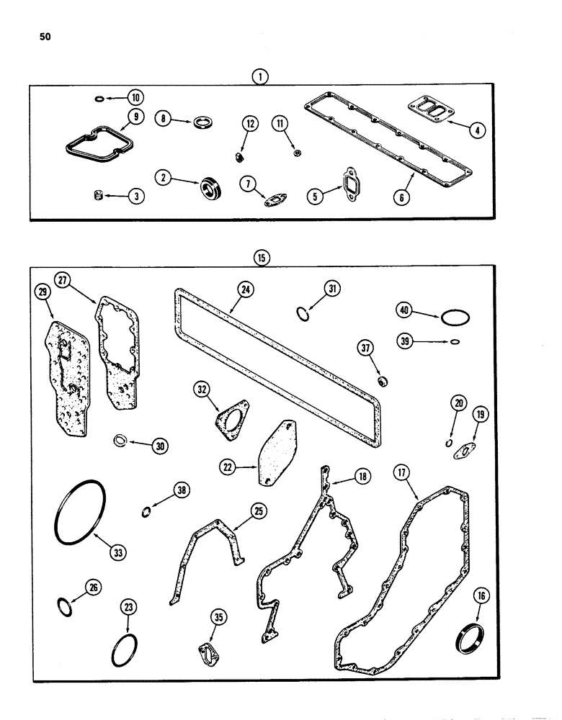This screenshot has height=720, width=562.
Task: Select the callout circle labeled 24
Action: pyautogui.click(x=247, y=291)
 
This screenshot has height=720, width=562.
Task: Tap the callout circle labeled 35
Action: pyautogui.click(x=219, y=616)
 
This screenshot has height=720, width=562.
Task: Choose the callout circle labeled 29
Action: pyautogui.click(x=44, y=292)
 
